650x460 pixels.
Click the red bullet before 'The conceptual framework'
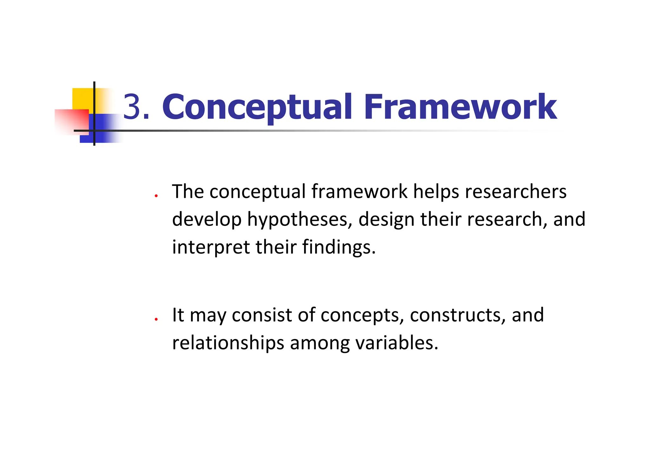pyautogui.click(x=156, y=196)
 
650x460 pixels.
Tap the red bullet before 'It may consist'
pyautogui.click(x=156, y=319)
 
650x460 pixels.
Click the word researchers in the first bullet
pyautogui.click(x=515, y=192)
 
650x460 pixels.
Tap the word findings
pyautogui.click(x=339, y=247)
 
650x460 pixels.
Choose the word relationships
pyautogui.click(x=228, y=343)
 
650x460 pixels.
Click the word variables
pyautogui.click(x=397, y=343)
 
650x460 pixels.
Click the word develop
pyautogui.click(x=207, y=220)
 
